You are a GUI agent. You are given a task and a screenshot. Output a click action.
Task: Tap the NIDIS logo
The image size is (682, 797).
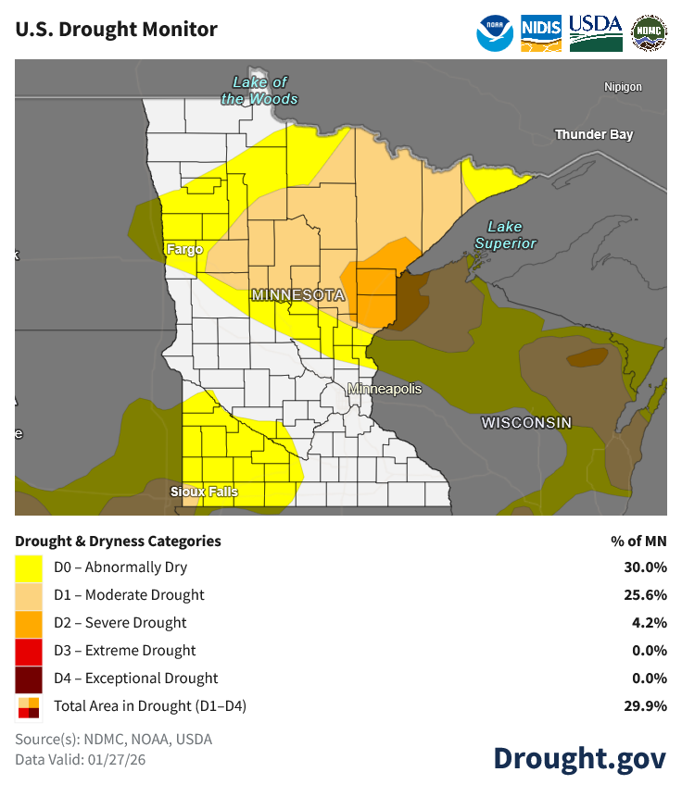(x=541, y=29)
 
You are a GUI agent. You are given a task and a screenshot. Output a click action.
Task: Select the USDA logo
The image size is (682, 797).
(x=595, y=31)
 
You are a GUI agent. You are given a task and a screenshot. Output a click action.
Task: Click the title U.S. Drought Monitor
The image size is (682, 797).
(x=116, y=30)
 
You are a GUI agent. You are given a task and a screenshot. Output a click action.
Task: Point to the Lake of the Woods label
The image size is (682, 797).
(x=259, y=91)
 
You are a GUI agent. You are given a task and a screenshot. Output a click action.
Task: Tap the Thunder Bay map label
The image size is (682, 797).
(x=594, y=135)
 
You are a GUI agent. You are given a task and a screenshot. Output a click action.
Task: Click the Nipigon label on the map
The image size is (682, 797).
(x=623, y=87)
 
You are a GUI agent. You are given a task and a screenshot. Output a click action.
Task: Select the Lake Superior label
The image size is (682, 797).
(x=505, y=235)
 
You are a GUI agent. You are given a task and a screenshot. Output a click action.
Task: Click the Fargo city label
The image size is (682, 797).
(x=184, y=249)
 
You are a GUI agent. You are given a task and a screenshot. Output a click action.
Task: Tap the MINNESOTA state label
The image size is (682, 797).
(x=297, y=295)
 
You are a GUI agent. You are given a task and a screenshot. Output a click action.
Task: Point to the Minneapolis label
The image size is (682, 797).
(x=385, y=389)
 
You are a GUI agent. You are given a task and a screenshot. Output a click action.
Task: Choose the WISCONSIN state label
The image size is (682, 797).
(x=526, y=423)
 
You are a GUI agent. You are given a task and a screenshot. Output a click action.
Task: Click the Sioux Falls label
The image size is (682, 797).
(x=204, y=492)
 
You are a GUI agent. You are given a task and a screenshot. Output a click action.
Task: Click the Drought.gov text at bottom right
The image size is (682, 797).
(x=578, y=758)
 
